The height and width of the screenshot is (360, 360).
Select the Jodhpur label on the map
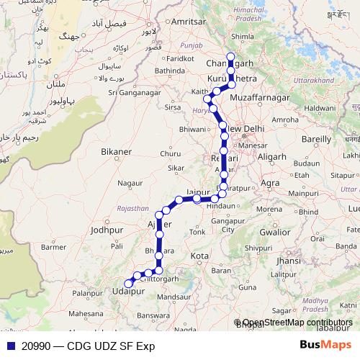[108, 230]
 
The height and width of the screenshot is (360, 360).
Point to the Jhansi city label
[288, 261]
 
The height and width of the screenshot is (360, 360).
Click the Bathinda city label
[169, 71]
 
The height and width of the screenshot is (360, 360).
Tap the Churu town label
[171, 153]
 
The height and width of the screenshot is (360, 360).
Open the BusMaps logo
[325, 346]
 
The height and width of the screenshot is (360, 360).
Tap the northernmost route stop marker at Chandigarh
[230, 58]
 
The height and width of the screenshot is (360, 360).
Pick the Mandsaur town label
[176, 297]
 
